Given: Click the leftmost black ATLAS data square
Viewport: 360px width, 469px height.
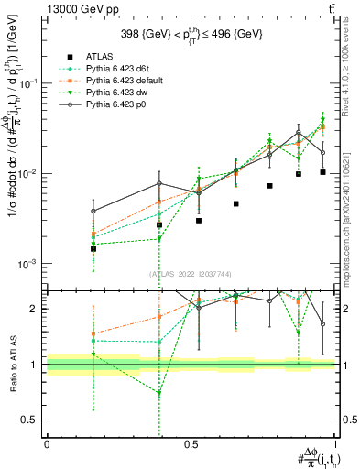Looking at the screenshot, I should click(x=93, y=248).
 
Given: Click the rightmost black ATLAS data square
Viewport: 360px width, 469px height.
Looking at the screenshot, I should click(x=322, y=172).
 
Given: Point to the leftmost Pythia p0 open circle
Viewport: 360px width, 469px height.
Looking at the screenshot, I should click(x=93, y=211).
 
